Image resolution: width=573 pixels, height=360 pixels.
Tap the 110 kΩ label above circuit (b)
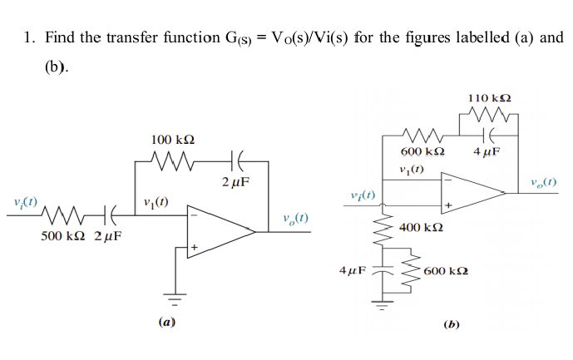[490, 98]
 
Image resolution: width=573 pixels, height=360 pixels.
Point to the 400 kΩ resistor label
[421, 227]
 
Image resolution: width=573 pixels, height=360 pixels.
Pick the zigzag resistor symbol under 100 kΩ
[174, 158]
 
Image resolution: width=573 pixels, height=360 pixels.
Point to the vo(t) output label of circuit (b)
[541, 181]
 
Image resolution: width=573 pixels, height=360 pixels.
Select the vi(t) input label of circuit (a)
[25, 201]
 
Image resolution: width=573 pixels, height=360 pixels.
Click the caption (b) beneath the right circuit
[452, 324]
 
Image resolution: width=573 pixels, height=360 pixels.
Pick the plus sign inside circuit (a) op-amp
[194, 247]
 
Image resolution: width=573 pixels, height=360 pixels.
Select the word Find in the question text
[59, 37]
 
